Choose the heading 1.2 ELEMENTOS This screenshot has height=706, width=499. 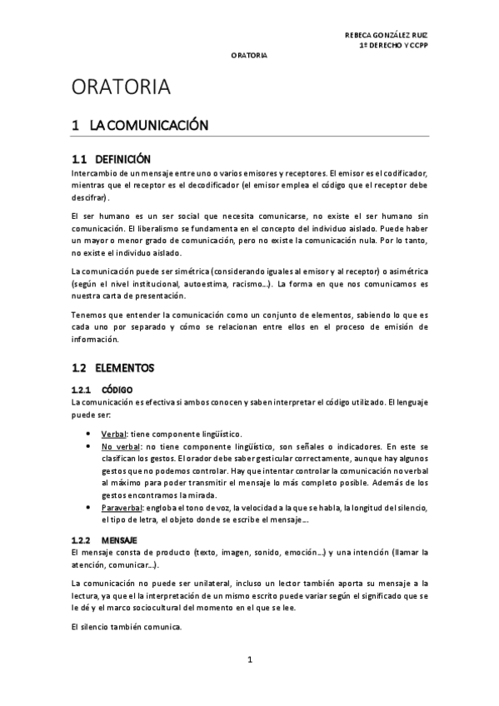tap(112, 367)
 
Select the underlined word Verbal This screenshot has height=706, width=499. tap(113, 435)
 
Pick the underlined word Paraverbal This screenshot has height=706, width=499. tap(121, 508)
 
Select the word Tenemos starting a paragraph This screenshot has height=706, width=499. tap(88, 316)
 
